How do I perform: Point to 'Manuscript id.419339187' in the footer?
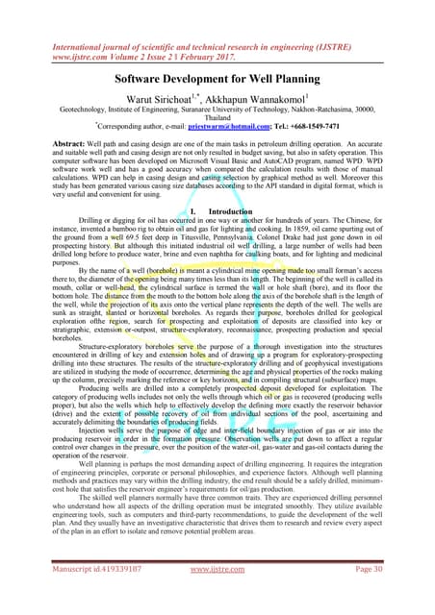point(83,596)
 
